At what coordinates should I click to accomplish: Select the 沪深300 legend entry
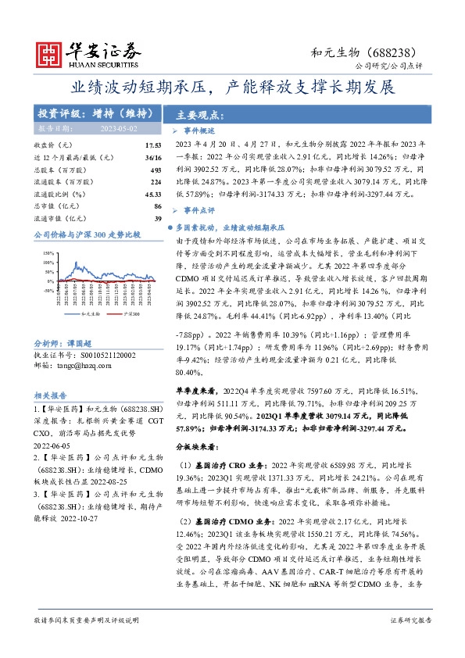(x=109, y=313)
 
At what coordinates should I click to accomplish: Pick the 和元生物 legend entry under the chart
(x=69, y=313)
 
